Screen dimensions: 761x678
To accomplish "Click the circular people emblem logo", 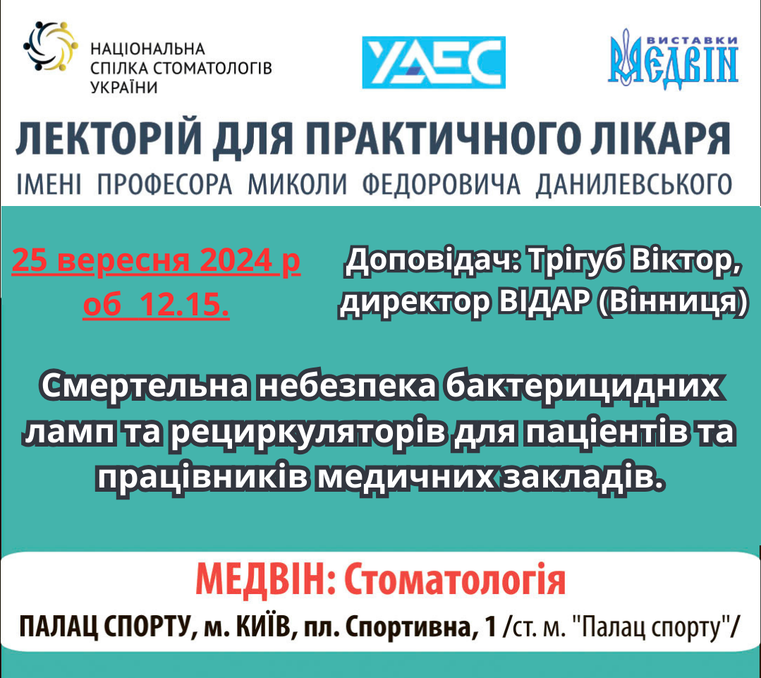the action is (x=50, y=47).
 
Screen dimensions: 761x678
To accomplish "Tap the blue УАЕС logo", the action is (x=434, y=62).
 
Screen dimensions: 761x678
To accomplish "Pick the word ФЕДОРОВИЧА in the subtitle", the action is (x=442, y=184).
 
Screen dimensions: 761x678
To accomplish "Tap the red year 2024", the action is (x=236, y=260).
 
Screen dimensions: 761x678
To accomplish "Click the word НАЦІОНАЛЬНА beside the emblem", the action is (x=148, y=49).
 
